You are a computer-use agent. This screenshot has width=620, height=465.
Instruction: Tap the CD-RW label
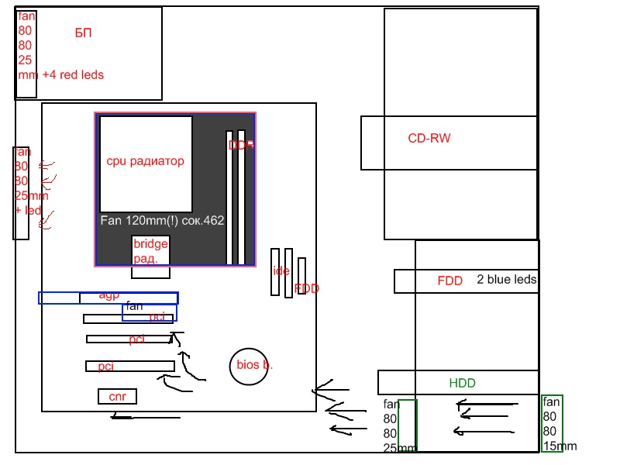429,139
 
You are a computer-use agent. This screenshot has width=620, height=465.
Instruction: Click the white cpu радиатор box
146,164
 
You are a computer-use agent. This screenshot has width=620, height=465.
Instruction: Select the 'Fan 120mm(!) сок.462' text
162,220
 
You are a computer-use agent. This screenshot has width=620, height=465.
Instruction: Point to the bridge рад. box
150,251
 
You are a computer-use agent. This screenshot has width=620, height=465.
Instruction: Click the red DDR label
241,145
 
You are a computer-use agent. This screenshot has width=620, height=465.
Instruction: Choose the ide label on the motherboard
281,271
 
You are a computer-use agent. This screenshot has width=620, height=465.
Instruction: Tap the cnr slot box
117,397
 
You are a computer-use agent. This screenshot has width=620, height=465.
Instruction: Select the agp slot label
109,295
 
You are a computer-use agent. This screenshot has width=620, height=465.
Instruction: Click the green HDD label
462,383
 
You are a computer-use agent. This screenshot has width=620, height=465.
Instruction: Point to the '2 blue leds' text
506,280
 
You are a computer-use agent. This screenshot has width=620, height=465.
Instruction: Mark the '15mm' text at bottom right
560,446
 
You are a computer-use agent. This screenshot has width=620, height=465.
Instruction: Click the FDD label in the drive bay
449,281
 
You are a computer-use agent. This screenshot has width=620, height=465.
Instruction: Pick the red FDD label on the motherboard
307,288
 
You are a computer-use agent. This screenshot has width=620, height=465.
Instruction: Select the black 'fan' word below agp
134,306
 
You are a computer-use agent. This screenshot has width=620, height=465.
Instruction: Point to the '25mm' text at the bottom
399,447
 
